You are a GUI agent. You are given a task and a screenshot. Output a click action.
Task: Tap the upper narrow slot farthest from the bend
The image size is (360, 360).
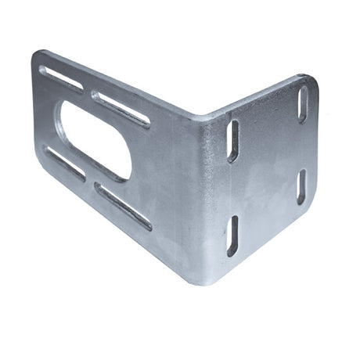pyautogui.click(x=61, y=78)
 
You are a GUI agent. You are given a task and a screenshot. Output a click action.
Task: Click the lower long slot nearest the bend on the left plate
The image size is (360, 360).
pyautogui.click(x=123, y=207)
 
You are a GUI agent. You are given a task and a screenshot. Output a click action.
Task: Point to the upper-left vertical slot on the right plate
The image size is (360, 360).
pyautogui.click(x=232, y=140)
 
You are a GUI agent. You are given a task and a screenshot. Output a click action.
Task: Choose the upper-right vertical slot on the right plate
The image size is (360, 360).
pyautogui.click(x=303, y=104)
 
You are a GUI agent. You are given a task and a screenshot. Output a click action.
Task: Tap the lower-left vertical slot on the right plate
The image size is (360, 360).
pyautogui.click(x=232, y=236)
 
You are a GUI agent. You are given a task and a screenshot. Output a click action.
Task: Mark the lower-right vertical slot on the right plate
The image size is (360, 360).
pyautogui.click(x=301, y=186)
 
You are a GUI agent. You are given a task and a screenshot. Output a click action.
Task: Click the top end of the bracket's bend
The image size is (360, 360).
pyautogui.click(x=205, y=117)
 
